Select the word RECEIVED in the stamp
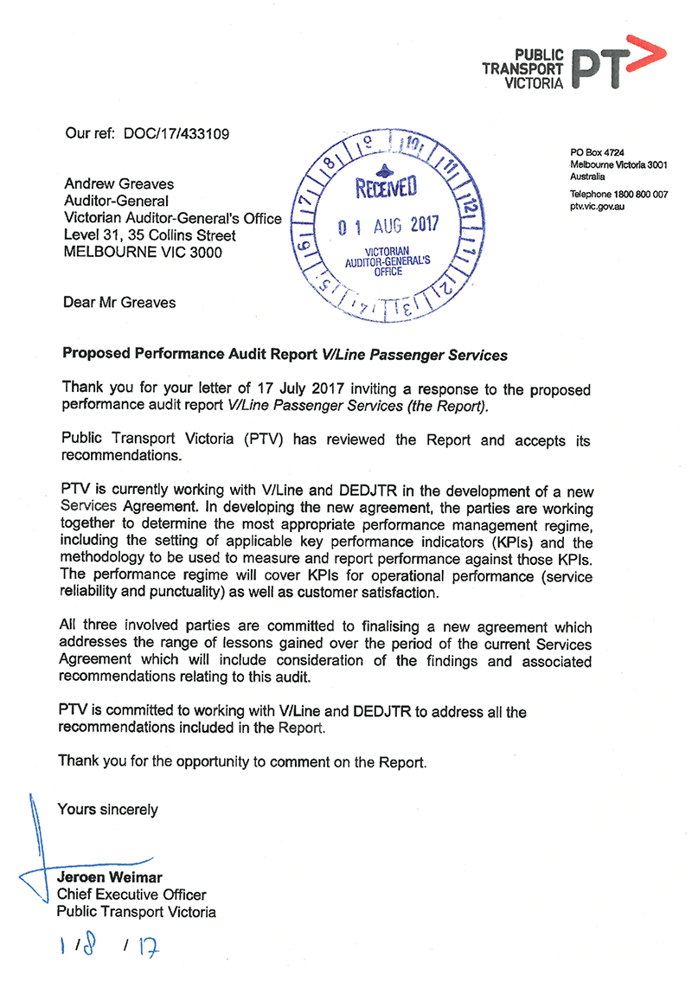(386, 186)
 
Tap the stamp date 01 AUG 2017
(388, 227)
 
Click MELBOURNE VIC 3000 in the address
(143, 253)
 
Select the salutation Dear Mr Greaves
(119, 303)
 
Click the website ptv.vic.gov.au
(598, 207)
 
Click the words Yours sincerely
(107, 810)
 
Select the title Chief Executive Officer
(131, 895)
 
